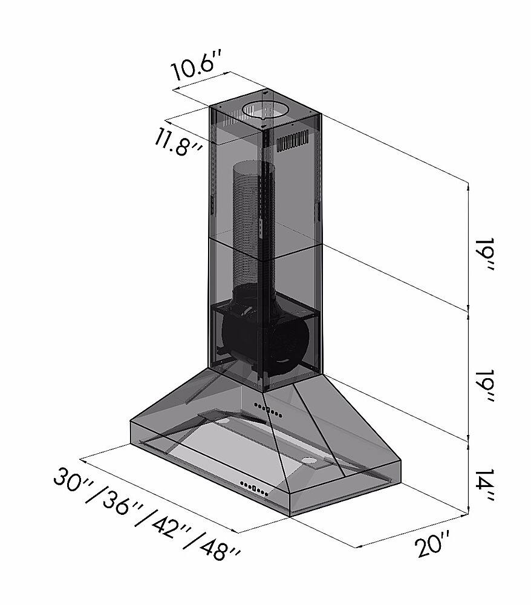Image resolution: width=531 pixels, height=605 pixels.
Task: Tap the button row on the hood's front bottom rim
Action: (253, 486)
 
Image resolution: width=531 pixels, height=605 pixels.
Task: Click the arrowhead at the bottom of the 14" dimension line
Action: (469, 512)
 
